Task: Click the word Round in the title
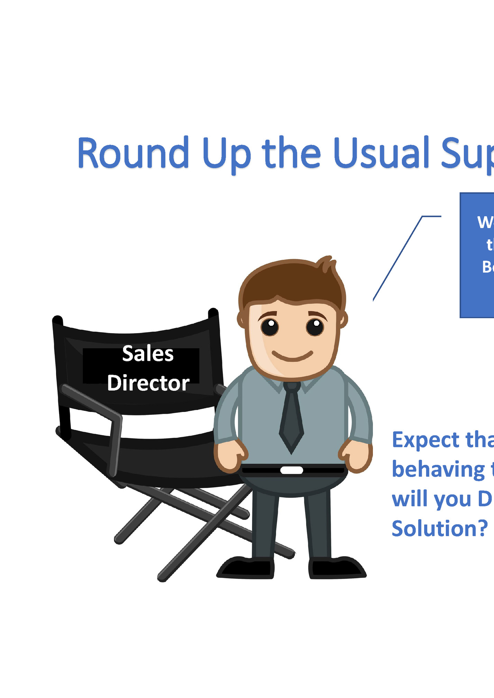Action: point(133,153)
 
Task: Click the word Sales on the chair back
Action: point(148,354)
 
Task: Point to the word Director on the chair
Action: point(148,383)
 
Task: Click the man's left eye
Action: point(270,327)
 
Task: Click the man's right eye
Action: point(315,327)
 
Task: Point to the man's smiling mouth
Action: point(292,356)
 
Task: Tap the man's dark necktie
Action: point(292,419)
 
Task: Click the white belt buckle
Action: point(292,470)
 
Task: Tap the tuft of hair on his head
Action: point(327,265)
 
